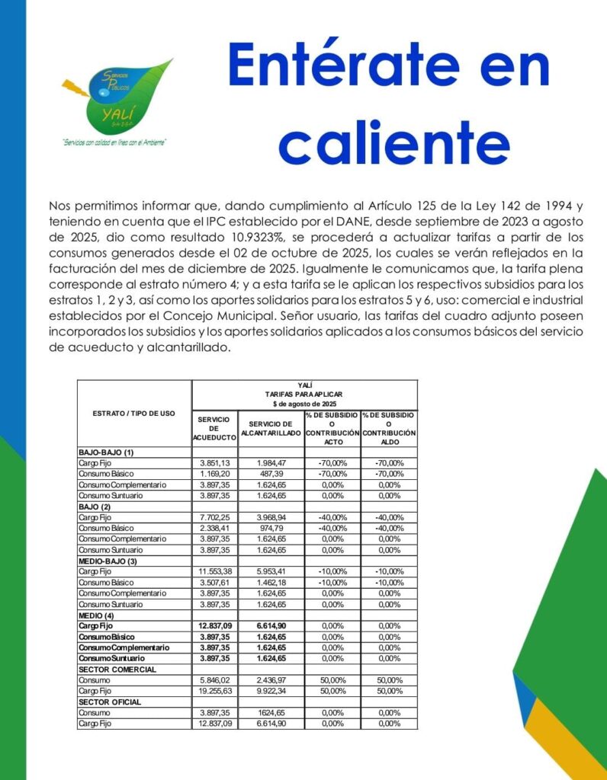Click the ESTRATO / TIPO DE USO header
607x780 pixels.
(133, 413)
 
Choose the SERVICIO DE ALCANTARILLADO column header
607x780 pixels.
(271, 429)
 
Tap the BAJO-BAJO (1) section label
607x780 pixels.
(106, 452)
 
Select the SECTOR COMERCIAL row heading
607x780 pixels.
(117, 670)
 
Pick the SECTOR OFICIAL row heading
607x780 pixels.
(110, 702)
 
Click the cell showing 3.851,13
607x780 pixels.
(214, 463)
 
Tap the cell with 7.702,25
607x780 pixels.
(214, 517)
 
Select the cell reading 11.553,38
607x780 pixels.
(214, 571)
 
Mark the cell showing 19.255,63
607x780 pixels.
(214, 691)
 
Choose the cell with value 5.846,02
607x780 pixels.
(214, 680)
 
